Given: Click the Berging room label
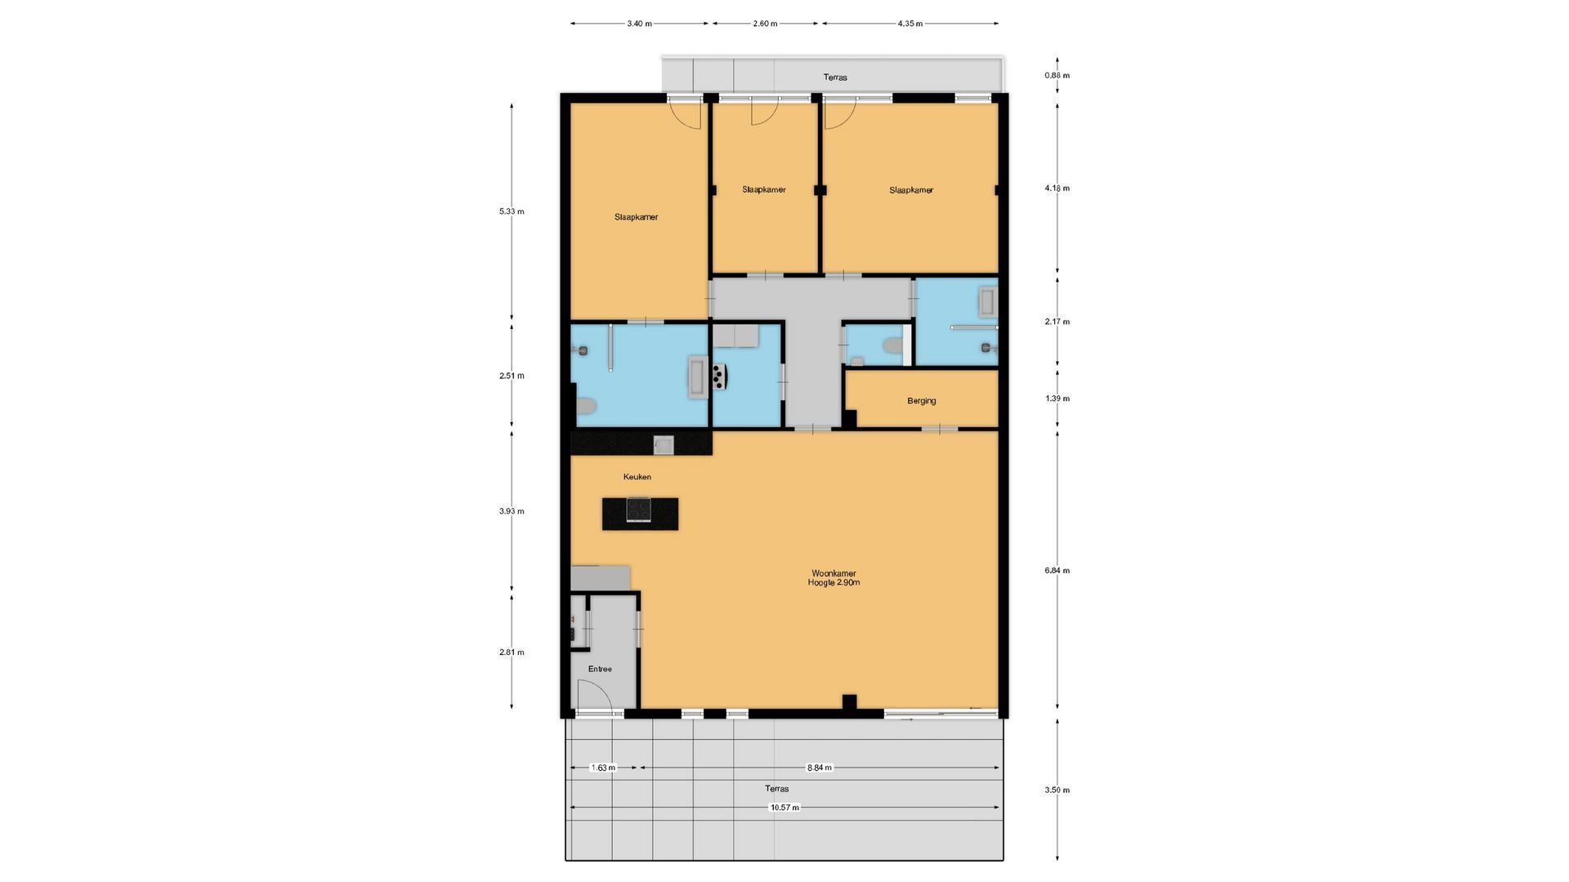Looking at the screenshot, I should click(921, 401).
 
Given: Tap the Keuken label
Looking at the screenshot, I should click(637, 477).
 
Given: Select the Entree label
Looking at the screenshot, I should click(600, 669).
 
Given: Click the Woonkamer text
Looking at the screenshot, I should click(834, 573).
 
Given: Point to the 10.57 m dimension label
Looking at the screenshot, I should click(784, 808).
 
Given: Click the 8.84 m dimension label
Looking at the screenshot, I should click(819, 768).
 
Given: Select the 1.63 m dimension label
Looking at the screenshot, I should click(603, 768).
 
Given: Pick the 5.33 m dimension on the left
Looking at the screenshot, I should click(512, 212).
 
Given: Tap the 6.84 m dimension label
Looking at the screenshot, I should click(1057, 571).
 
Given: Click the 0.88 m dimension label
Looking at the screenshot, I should click(1057, 76).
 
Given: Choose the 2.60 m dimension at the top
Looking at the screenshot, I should click(765, 24).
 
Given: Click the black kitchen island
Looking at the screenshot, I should click(640, 514).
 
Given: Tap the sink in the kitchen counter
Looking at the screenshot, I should click(663, 444).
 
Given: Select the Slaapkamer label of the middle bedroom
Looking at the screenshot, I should click(764, 189).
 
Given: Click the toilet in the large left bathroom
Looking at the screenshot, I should click(586, 407).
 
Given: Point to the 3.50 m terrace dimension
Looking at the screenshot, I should click(1057, 790).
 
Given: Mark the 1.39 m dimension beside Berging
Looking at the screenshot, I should click(1057, 399).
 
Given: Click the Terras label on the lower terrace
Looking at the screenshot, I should click(776, 789).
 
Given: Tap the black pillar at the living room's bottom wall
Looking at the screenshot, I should click(849, 702).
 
